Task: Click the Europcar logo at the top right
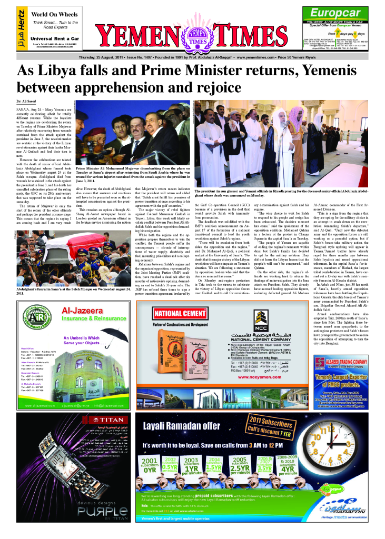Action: pos(335,13)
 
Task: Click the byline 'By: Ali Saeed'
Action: pos(27,100)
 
